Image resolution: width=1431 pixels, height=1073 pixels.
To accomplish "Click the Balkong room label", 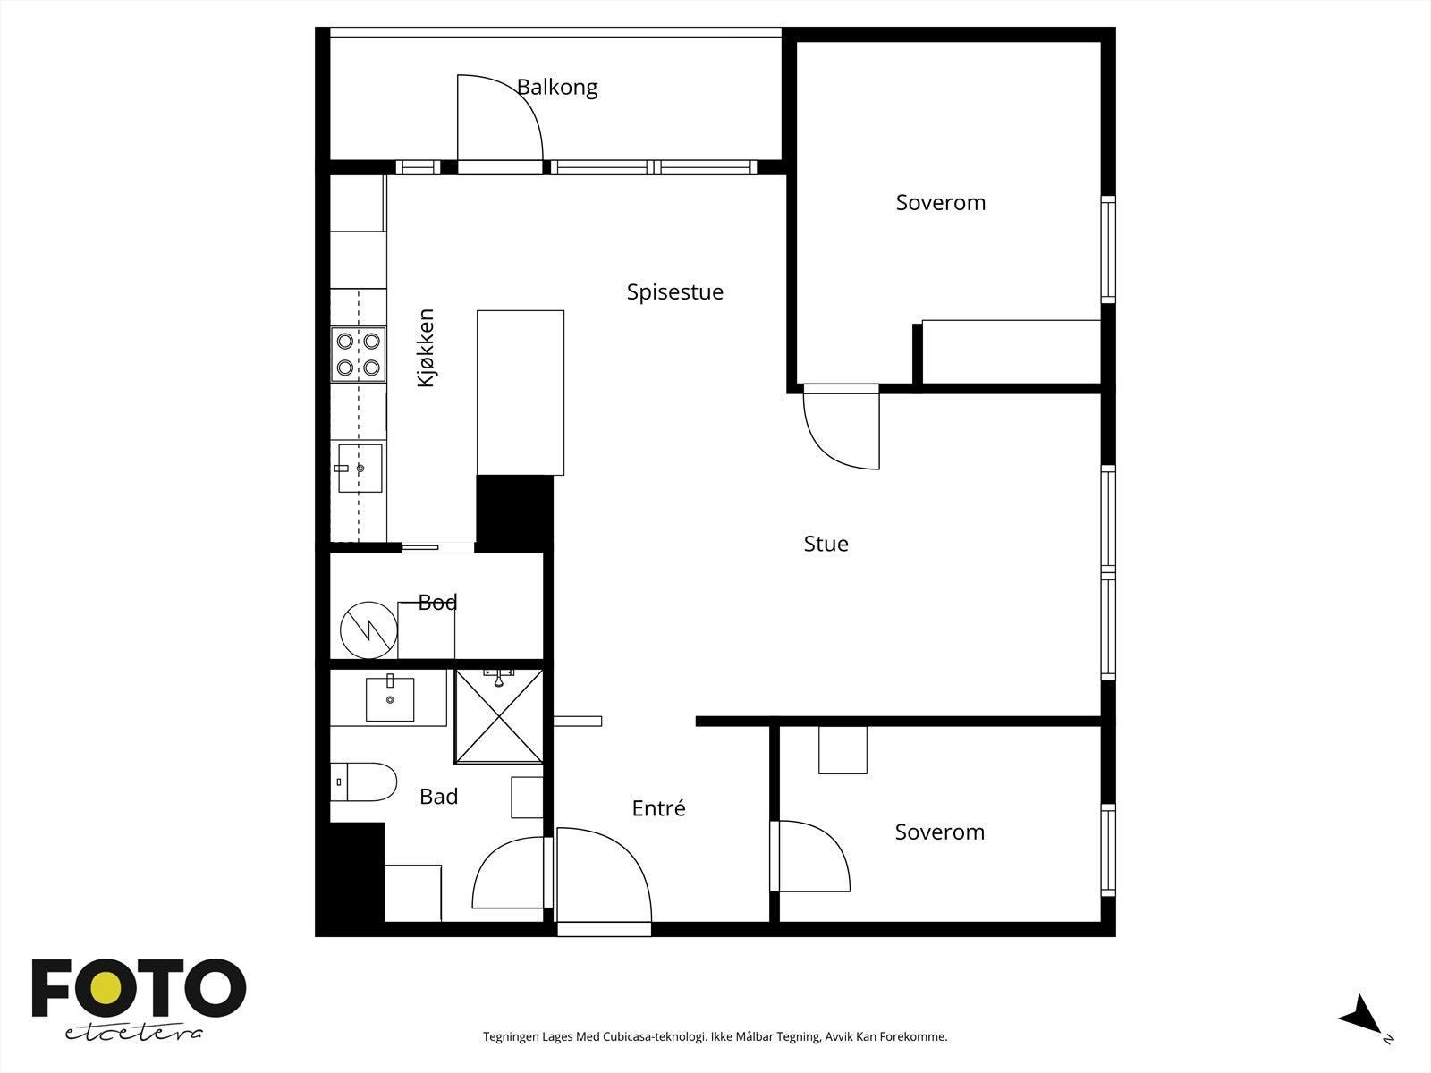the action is (557, 88).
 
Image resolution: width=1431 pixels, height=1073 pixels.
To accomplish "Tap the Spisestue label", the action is (674, 292).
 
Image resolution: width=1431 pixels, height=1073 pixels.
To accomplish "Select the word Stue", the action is (826, 544).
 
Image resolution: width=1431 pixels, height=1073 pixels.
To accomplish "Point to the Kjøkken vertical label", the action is (426, 348).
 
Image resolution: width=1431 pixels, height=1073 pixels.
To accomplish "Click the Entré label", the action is (658, 808).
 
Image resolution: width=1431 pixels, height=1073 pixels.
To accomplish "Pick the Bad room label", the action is (439, 796).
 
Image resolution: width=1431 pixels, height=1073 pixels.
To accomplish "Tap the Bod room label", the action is (437, 603).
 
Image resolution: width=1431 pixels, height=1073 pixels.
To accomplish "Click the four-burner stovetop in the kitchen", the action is (358, 354).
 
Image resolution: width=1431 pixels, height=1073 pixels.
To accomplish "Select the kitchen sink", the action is (360, 468).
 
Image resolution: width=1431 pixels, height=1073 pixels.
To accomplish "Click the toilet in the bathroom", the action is (363, 782).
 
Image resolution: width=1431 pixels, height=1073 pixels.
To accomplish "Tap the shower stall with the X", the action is (499, 716).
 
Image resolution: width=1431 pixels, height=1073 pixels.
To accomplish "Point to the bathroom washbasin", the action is (390, 698).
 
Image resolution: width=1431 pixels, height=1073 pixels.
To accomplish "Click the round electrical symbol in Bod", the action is (368, 630).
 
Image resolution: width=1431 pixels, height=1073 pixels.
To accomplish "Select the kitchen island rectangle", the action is (521, 393).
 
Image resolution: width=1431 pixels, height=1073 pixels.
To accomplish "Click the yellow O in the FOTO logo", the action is (106, 988).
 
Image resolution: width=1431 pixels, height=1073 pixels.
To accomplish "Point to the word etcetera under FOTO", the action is (133, 1034).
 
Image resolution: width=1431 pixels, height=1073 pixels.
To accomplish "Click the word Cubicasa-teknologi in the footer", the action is (656, 1036).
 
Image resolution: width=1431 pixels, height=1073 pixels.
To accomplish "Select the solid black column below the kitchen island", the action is (514, 513).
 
